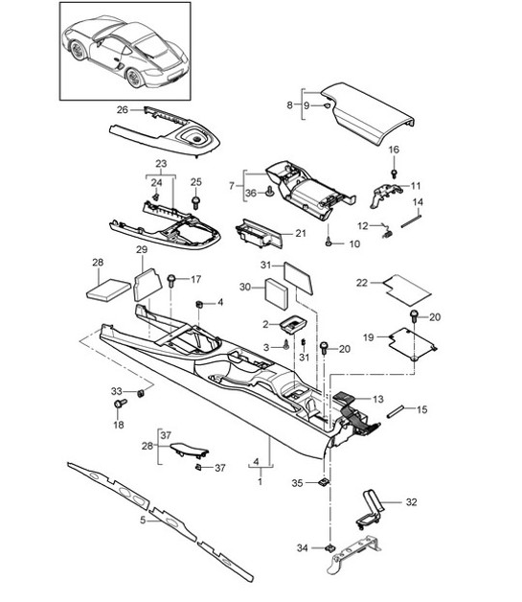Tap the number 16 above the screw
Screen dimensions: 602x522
pyautogui.click(x=393, y=150)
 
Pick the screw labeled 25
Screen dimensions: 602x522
pyautogui.click(x=195, y=202)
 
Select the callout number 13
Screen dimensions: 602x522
pyautogui.click(x=376, y=399)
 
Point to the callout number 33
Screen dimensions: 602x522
pyautogui.click(x=116, y=391)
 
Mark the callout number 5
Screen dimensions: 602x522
pyautogui.click(x=144, y=521)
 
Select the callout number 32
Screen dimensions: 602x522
pyautogui.click(x=412, y=501)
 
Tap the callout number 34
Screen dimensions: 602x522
pyautogui.click(x=303, y=547)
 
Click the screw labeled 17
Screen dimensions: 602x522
pyautogui.click(x=172, y=281)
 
